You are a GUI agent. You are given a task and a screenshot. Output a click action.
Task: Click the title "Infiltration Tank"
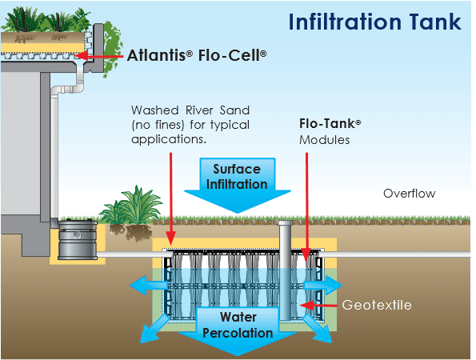376,21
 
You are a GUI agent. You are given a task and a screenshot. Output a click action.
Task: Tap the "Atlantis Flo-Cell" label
197,56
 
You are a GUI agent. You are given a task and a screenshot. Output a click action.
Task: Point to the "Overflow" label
409,194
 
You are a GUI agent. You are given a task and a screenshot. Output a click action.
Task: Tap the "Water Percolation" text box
237,325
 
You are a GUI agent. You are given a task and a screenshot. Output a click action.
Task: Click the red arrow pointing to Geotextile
320,306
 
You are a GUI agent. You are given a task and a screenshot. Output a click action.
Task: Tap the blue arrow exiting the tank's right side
329,284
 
